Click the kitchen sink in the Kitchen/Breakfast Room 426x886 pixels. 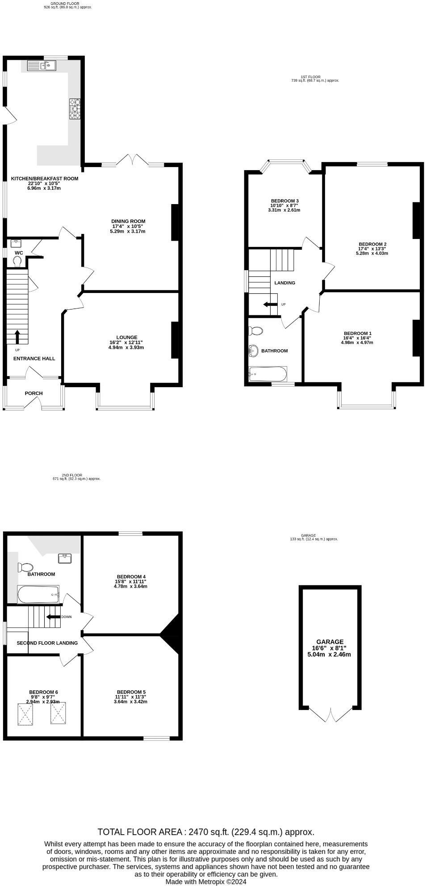point(41,66)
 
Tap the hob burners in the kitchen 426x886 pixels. point(75,109)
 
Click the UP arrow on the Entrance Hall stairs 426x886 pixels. point(17,336)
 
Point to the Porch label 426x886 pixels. point(34,393)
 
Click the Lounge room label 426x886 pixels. point(127,338)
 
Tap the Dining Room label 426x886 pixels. point(128,221)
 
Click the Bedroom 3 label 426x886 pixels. point(284,201)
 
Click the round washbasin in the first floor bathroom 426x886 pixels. point(254,351)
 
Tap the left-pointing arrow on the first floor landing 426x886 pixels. point(269,305)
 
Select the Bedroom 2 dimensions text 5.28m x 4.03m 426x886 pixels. point(372,253)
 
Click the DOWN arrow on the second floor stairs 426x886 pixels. point(54,617)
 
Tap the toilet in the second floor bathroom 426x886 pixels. point(25,567)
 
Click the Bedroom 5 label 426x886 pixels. point(130,692)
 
